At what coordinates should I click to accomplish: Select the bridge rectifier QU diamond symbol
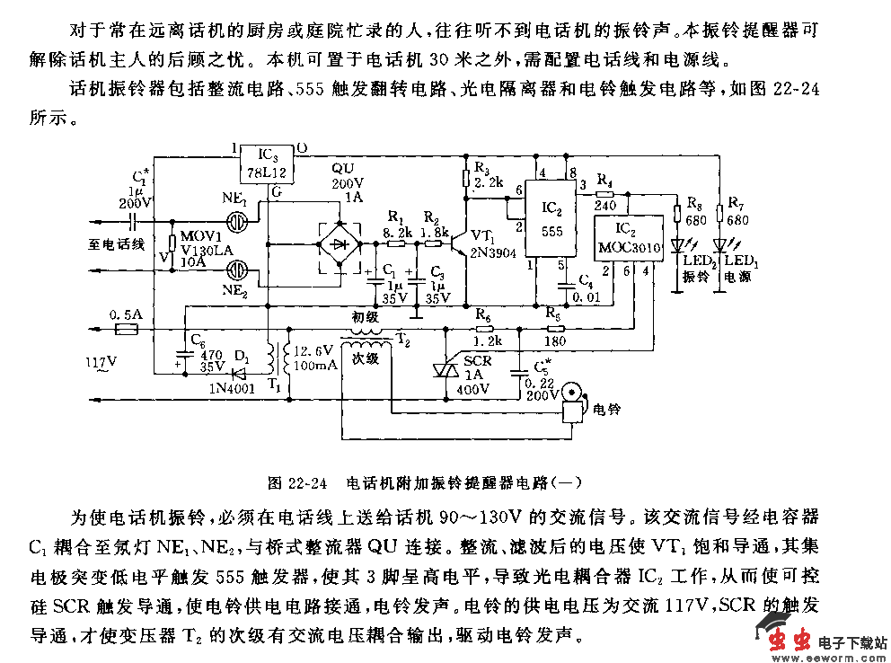click(x=338, y=242)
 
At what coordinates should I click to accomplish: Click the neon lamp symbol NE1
click(x=236, y=217)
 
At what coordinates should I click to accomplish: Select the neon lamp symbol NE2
click(x=236, y=269)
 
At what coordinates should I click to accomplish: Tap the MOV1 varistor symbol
click(x=173, y=243)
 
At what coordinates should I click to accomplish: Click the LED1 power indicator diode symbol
click(x=719, y=244)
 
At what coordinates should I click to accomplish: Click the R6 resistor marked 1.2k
click(x=484, y=330)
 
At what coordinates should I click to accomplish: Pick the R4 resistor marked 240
click(x=604, y=193)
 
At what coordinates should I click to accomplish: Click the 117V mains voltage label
click(x=101, y=362)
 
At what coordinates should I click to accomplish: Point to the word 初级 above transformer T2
click(x=365, y=316)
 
